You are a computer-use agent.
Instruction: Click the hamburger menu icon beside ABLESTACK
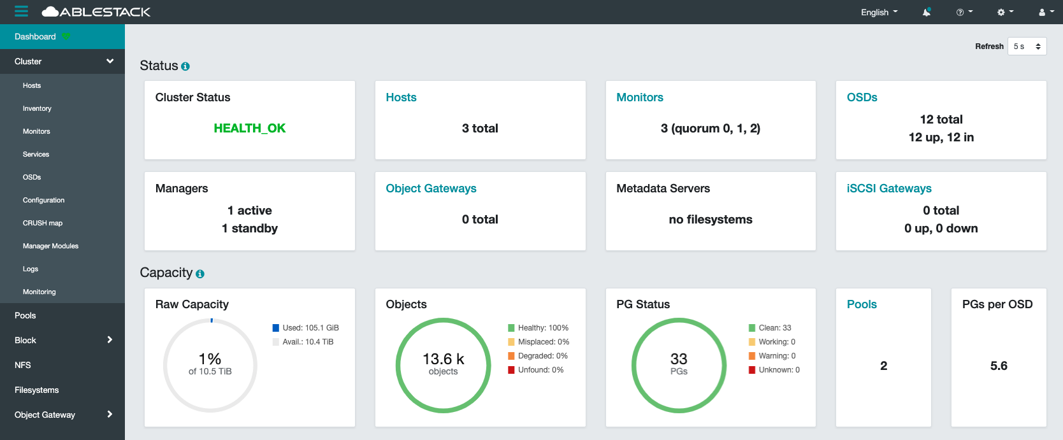coord(22,11)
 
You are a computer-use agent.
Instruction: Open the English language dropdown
coord(879,12)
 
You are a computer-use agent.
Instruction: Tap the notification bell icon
coord(927,12)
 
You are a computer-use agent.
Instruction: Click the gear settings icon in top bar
coord(1004,12)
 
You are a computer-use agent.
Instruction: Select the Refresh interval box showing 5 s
coord(1027,46)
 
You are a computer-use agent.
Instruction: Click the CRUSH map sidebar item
coord(43,223)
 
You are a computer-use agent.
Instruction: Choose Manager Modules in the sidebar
coord(50,246)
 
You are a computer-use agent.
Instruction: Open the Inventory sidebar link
coord(37,108)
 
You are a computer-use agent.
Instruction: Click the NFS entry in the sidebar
coord(23,365)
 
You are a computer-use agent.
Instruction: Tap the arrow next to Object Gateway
coord(110,415)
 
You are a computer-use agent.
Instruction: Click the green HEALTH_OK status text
coord(249,128)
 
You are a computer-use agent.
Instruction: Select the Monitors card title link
coord(639,97)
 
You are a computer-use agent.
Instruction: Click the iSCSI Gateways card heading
coord(888,188)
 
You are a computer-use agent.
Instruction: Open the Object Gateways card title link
coord(431,188)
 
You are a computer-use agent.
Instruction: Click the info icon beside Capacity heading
coord(200,274)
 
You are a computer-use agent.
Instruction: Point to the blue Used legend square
coord(276,328)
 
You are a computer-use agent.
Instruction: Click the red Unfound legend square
coord(511,370)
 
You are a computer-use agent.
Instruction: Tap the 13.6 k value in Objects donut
coord(443,359)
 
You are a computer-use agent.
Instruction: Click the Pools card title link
coord(862,304)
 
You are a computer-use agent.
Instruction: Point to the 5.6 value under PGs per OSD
coord(999,365)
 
